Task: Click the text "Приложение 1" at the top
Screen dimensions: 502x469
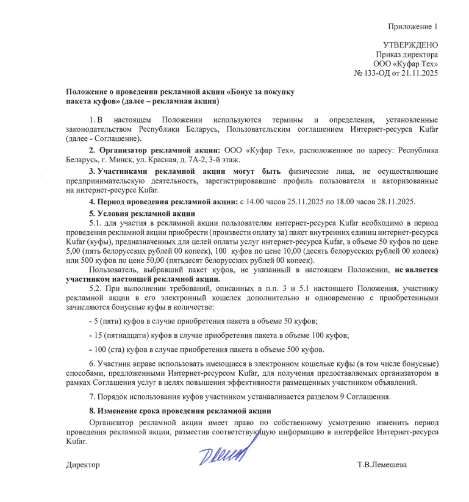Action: (414, 26)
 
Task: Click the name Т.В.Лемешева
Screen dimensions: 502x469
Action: (382, 465)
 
